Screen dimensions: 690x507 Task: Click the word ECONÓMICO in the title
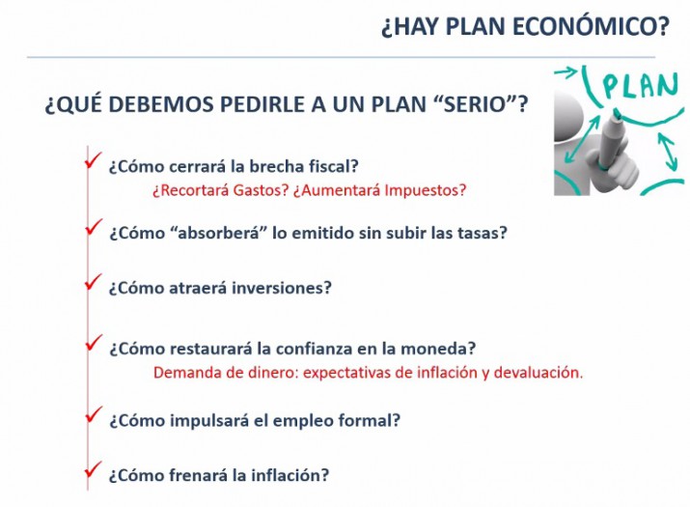click(x=591, y=26)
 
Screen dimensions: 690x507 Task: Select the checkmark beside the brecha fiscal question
click(x=94, y=159)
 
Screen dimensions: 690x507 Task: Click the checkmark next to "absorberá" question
click(x=94, y=226)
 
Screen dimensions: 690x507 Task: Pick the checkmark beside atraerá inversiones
click(x=94, y=281)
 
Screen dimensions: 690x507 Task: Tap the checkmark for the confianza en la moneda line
click(x=94, y=342)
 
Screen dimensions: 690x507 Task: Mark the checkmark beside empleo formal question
click(x=94, y=414)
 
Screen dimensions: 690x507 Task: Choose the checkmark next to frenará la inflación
click(x=94, y=469)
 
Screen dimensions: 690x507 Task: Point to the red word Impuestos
click(x=425, y=190)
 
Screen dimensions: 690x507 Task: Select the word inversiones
click(x=282, y=288)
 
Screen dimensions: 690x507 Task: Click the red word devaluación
click(x=538, y=373)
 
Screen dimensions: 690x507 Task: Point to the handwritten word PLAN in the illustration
click(x=640, y=85)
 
